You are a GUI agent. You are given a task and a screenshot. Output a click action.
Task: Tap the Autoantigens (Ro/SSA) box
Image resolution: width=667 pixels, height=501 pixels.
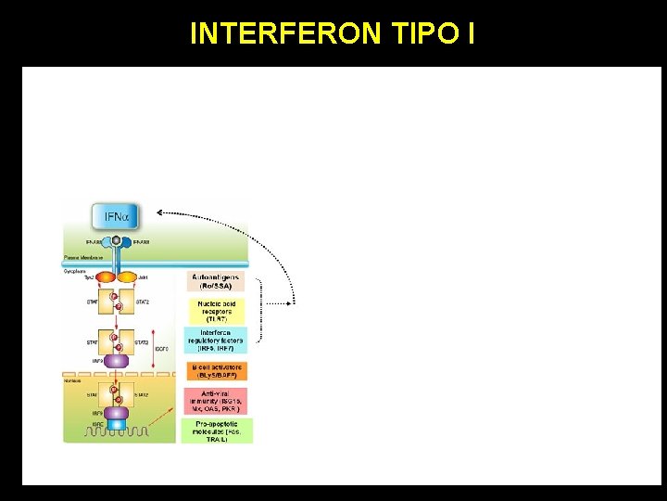(216, 281)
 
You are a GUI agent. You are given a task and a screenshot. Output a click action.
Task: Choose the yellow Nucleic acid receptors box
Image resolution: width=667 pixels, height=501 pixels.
(216, 311)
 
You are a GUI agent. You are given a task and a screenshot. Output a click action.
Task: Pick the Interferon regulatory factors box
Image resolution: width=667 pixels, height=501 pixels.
(216, 340)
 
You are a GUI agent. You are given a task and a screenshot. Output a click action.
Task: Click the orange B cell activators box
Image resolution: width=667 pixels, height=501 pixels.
(216, 371)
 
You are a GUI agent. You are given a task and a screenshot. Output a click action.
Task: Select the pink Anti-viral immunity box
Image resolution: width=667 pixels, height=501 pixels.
(216, 401)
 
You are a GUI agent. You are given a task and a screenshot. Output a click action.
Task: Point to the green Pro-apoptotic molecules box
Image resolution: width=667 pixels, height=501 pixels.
(216, 430)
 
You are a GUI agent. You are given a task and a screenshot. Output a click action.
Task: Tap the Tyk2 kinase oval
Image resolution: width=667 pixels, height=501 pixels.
(105, 276)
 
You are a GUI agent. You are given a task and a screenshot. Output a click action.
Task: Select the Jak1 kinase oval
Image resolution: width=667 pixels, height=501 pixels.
(129, 276)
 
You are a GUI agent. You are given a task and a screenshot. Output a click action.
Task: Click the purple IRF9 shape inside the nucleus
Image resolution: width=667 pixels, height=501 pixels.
(117, 412)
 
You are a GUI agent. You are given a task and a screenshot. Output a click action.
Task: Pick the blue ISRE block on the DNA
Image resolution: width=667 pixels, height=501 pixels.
(117, 425)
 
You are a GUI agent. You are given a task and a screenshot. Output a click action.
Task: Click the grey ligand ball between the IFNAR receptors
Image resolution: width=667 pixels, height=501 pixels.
(117, 240)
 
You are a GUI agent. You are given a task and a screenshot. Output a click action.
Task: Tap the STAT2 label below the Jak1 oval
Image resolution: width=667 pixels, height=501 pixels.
(142, 302)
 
